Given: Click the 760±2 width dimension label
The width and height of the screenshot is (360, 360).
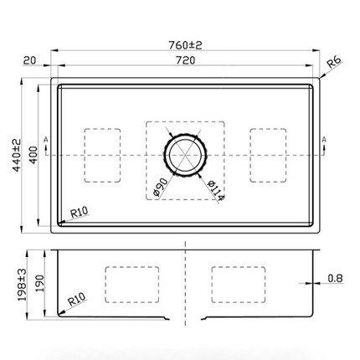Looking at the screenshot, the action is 185,45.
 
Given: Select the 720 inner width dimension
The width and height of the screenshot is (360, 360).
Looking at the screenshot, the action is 186,60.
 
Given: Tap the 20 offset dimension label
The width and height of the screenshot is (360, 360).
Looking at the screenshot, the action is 30,60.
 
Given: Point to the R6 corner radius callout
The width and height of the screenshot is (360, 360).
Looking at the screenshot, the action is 334,62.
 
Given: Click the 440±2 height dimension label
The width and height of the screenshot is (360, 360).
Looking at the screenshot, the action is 17,155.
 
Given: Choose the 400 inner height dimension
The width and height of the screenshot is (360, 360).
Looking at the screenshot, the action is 33,155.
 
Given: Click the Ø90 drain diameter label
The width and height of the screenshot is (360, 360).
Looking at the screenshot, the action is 161,187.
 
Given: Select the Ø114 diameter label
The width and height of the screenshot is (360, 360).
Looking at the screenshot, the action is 216,191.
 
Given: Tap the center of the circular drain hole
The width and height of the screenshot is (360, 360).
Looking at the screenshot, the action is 186,155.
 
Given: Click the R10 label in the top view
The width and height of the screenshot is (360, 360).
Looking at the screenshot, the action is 80,213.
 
